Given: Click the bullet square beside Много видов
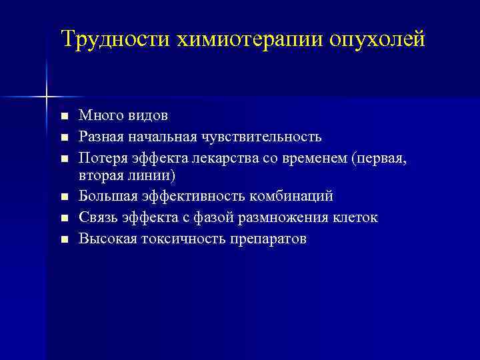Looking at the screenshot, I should (64, 117).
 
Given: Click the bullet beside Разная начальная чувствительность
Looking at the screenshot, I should (64, 137).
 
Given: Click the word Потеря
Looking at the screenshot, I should (101, 157).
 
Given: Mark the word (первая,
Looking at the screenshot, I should (383, 157).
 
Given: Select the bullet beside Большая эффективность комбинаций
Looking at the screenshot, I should (64, 197).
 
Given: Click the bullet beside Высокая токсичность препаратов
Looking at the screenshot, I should (64, 239).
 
